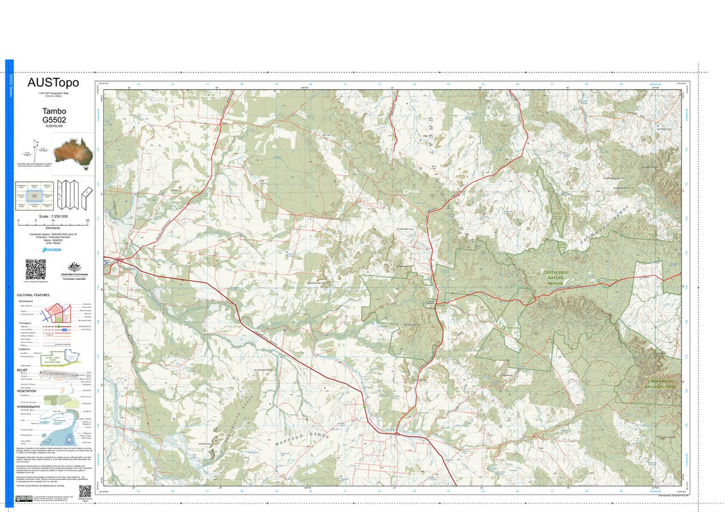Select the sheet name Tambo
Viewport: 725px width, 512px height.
[x=54, y=112]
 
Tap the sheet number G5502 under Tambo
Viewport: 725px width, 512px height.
[x=54, y=120]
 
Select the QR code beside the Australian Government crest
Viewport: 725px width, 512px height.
[x=36, y=269]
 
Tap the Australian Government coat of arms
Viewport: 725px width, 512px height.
[x=74, y=267]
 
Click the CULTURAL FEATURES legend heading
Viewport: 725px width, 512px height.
[x=34, y=295]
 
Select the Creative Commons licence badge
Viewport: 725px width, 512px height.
[x=21, y=499]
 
